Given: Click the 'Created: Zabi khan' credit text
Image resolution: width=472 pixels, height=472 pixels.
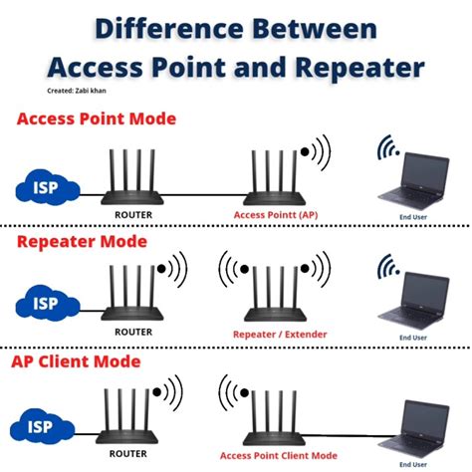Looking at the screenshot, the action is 77,91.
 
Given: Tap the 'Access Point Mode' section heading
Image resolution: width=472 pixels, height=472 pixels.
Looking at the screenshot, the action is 97,118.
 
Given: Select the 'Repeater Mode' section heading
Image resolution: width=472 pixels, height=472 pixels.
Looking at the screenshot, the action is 82,241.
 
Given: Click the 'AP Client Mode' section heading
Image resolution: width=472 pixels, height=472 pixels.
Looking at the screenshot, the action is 76,361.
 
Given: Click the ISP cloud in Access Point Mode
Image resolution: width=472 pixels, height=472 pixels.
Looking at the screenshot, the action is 48,187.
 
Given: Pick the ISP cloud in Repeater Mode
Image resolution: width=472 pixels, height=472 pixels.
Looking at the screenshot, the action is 48,303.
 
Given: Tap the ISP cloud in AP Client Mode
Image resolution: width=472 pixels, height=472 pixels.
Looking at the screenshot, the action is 43,426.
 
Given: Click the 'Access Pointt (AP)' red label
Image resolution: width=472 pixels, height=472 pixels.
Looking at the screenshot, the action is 276,215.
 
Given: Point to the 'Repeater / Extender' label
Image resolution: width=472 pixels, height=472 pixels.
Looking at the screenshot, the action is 280,335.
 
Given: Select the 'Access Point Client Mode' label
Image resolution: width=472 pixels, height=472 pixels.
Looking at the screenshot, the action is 279,456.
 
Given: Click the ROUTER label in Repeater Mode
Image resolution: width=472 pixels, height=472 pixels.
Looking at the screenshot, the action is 133,332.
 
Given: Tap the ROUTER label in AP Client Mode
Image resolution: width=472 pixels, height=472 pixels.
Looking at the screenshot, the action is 128,454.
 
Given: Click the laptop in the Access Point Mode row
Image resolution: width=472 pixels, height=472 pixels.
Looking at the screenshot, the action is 414,181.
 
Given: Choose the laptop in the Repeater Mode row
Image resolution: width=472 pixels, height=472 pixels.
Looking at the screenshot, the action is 414,301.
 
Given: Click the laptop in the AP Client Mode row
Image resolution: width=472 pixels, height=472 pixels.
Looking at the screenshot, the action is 414,429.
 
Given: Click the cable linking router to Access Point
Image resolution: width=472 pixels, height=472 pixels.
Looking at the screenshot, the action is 204,195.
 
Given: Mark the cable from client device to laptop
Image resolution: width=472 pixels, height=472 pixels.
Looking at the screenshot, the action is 351,435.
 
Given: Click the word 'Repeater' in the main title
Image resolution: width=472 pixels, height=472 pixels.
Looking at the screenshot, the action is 359,68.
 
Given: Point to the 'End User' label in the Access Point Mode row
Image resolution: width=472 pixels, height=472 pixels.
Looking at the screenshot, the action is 413,217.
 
